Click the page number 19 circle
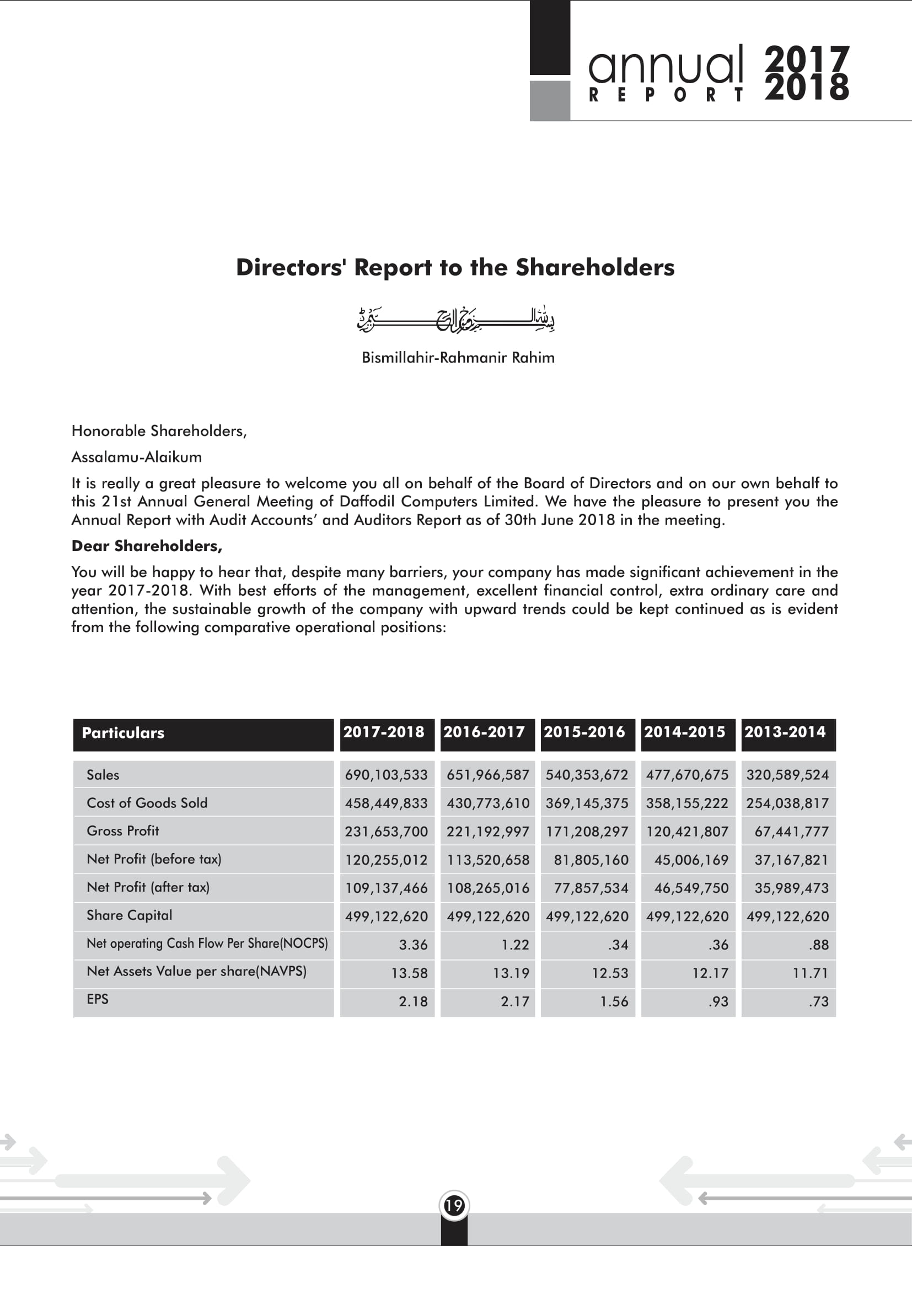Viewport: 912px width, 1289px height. pyautogui.click(x=454, y=1205)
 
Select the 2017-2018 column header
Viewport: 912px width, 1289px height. pyautogui.click(x=384, y=732)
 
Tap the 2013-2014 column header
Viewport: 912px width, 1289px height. pyautogui.click(x=785, y=732)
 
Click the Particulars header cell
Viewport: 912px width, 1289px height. pyautogui.click(x=123, y=733)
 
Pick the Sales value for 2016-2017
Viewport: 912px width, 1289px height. pyautogui.click(x=487, y=775)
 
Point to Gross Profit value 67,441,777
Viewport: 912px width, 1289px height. pyautogui.click(x=791, y=832)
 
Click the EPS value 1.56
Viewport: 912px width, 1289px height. pyautogui.click(x=614, y=1001)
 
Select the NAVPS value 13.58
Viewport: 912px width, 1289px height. pyautogui.click(x=409, y=973)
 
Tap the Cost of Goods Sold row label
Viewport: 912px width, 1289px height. pyautogui.click(x=147, y=803)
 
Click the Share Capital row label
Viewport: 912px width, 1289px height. pyautogui.click(x=129, y=915)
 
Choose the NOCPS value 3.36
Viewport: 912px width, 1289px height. pyautogui.click(x=414, y=945)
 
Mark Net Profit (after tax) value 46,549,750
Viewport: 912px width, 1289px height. pyautogui.click(x=691, y=888)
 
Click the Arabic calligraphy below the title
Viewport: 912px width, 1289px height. pyautogui.click(x=456, y=320)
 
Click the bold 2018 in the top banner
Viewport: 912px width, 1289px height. pyautogui.click(x=807, y=89)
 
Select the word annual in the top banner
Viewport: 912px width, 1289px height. pyautogui.click(x=666, y=65)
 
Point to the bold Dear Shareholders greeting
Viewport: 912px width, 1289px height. pyautogui.click(x=147, y=546)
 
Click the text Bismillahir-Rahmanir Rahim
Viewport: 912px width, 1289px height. pyautogui.click(x=458, y=358)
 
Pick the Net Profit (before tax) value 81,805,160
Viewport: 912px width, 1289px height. pyautogui.click(x=591, y=860)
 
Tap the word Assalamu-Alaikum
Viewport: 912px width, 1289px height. pyautogui.click(x=136, y=457)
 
